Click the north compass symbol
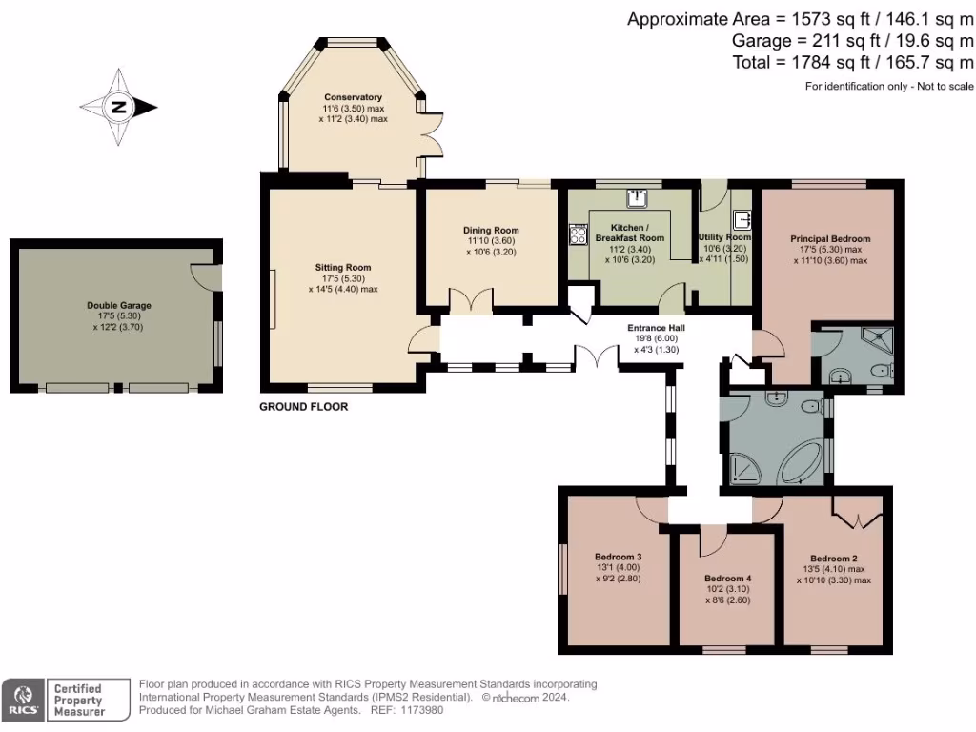pyautogui.click(x=118, y=107)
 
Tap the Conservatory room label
pyautogui.click(x=353, y=97)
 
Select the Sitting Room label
pyautogui.click(x=343, y=267)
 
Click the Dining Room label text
pyautogui.click(x=491, y=230)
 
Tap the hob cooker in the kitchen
pyautogui.click(x=578, y=234)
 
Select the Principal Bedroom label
pyautogui.click(x=830, y=238)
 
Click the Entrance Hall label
pyautogui.click(x=656, y=328)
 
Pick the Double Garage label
pyautogui.click(x=119, y=306)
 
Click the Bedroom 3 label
pyautogui.click(x=618, y=557)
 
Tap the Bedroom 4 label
pyautogui.click(x=728, y=579)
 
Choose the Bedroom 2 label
pyautogui.click(x=834, y=559)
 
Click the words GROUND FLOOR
pyautogui.click(x=304, y=407)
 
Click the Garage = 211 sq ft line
pyautogui.click(x=852, y=41)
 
